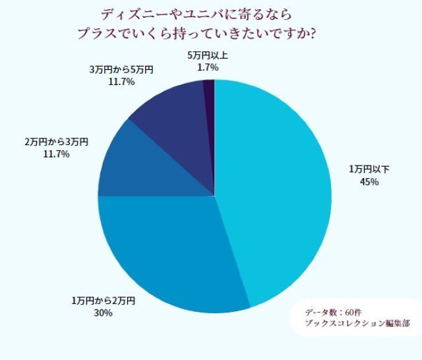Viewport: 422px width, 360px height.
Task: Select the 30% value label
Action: (x=103, y=313)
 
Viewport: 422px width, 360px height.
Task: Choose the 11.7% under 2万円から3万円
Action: (x=56, y=154)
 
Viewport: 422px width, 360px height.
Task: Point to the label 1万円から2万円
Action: (x=103, y=301)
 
